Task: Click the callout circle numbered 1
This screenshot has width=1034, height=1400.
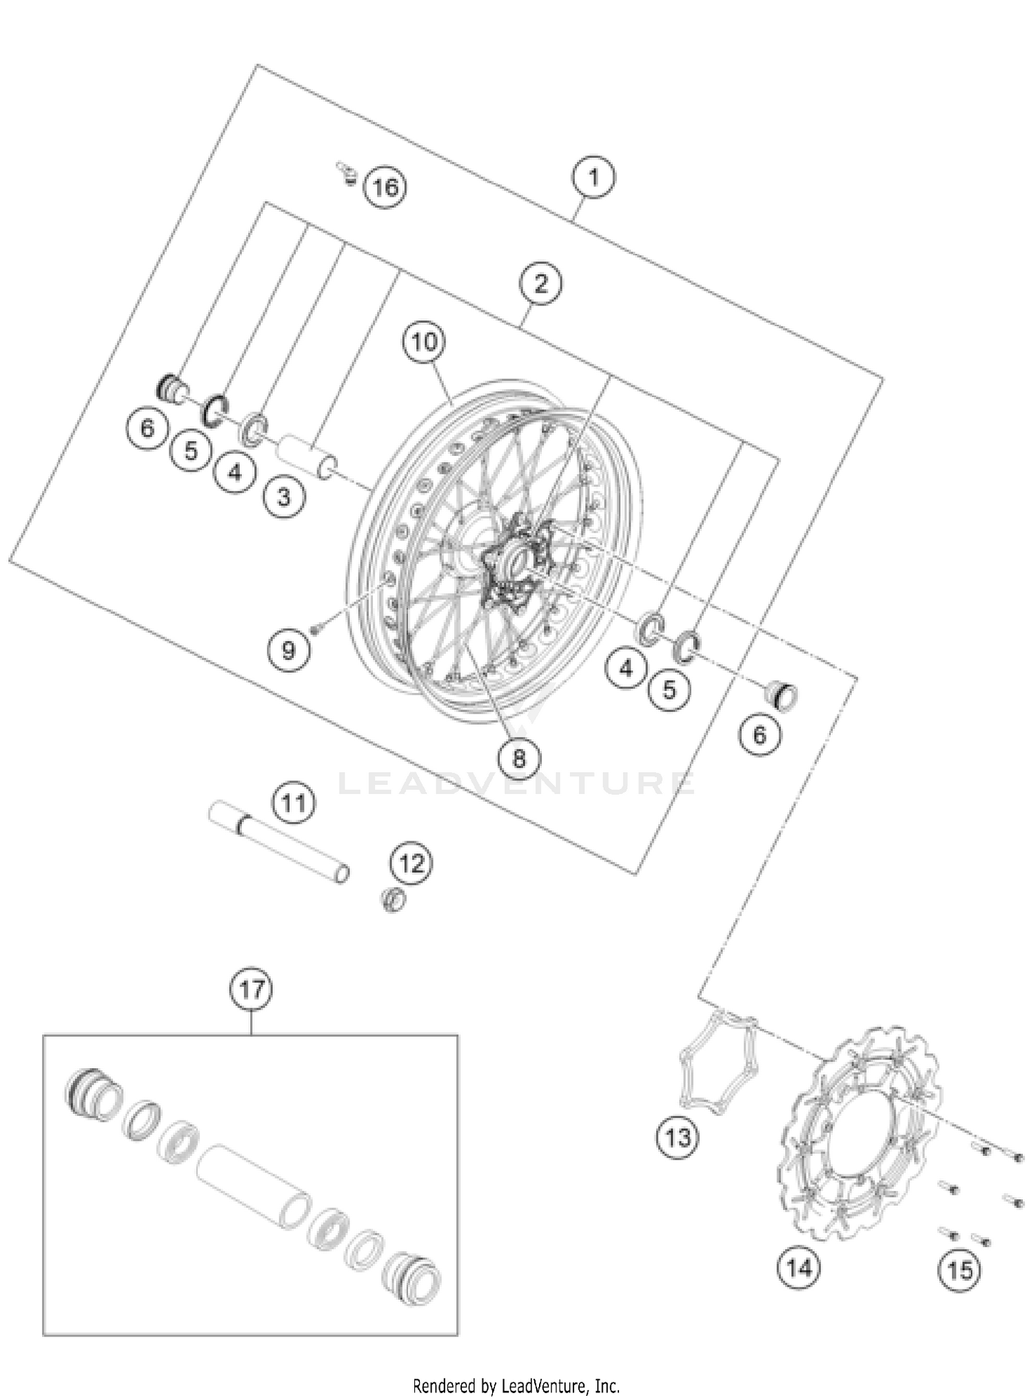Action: (594, 177)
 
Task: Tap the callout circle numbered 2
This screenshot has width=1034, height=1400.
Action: (540, 283)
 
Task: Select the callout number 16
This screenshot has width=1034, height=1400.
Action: (385, 187)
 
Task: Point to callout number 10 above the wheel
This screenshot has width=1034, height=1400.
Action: (425, 341)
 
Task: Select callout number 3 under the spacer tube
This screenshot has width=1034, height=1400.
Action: (283, 497)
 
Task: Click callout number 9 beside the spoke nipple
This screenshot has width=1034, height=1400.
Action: (288, 650)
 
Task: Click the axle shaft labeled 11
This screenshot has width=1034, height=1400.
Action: (279, 841)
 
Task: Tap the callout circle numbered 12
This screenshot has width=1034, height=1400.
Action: (412, 863)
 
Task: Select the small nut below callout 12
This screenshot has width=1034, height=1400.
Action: (394, 899)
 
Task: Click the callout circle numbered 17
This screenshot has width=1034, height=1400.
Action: (252, 990)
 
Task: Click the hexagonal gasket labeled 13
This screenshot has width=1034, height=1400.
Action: (718, 1063)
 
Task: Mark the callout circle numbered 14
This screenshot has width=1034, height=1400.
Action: (800, 1267)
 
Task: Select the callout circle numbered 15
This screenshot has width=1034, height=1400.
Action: (960, 1270)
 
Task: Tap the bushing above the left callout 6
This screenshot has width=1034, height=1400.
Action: (170, 388)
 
